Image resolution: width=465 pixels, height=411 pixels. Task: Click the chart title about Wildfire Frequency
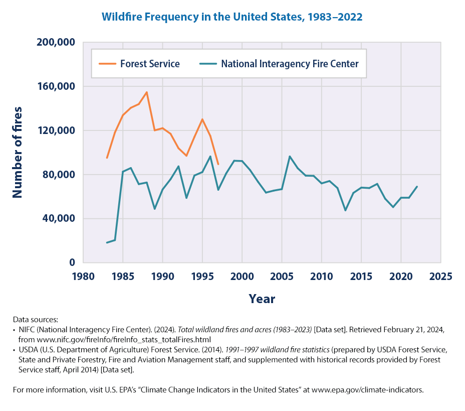pos(232,17)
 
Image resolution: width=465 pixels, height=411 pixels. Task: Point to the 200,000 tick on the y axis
pos(56,43)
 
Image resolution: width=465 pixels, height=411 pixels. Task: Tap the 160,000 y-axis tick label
pos(56,86)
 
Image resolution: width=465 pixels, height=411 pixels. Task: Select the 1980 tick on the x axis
pos(83,277)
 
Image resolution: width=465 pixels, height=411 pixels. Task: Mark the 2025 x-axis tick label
pos(440,277)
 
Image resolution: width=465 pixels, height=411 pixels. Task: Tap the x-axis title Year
pos(262,299)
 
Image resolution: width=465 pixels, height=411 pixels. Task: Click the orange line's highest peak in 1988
pos(147,92)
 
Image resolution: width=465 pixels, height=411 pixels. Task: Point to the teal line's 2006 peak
pos(290,156)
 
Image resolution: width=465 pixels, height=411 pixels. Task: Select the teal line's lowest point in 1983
pos(107,243)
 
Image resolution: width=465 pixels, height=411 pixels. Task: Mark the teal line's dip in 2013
pos(345,210)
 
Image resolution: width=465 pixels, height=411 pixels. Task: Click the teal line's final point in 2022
pos(417,187)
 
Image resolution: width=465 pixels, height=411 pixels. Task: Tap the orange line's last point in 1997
pos(218,164)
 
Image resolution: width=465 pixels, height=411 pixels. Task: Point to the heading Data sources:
pos(36,320)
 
